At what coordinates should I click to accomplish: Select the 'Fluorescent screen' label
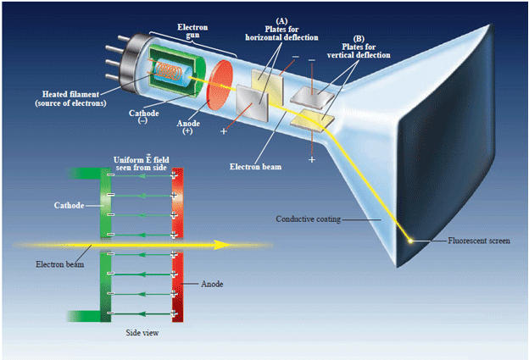480,241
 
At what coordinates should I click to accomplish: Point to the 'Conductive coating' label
308,219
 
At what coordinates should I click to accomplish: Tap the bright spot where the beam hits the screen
411,241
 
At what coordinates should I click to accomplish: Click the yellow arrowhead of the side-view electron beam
222,245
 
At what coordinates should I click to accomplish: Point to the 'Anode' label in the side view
212,284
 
